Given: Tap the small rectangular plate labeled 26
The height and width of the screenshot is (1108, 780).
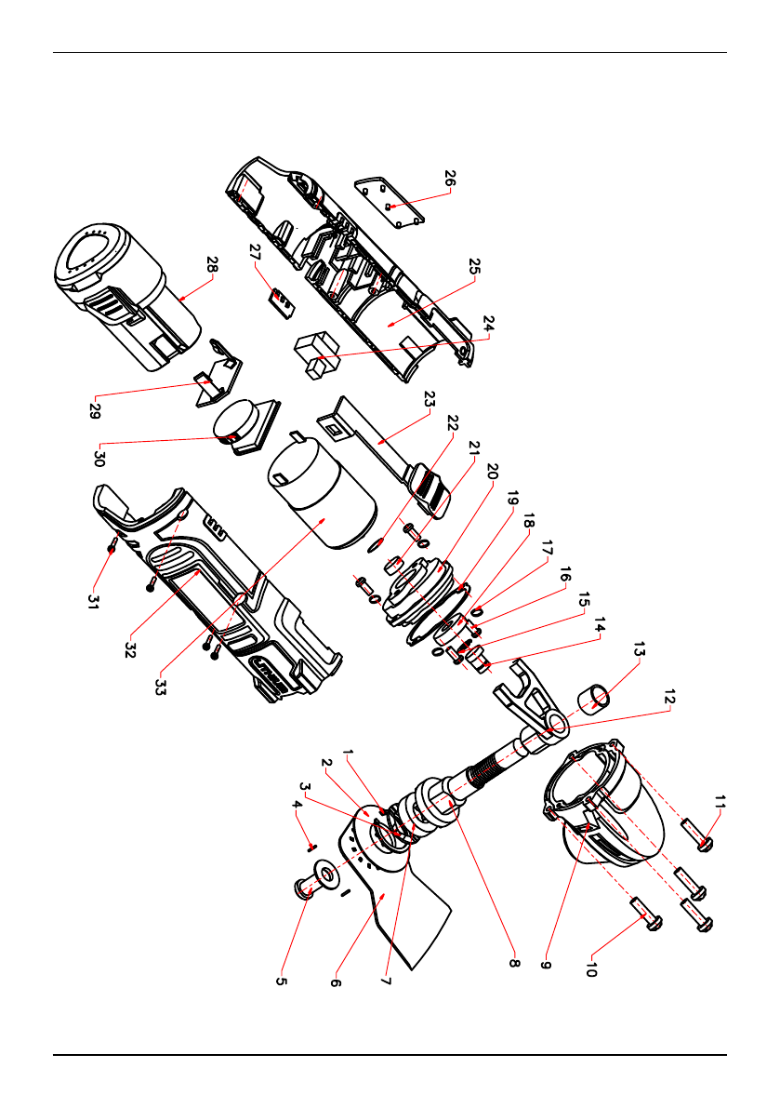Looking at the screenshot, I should pos(390,203).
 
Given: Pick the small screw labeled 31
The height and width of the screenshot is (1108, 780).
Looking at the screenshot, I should pos(112,547).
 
